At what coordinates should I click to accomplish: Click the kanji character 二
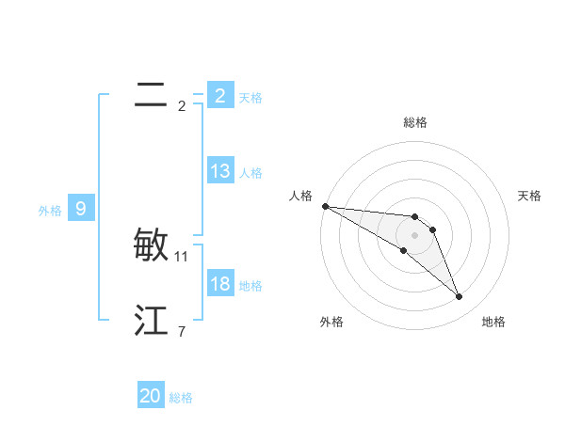[151, 96]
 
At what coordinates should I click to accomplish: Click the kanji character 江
[151, 322]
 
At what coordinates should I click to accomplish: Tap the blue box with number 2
[219, 96]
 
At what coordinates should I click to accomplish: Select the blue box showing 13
[219, 171]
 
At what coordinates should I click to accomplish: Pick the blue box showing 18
[219, 284]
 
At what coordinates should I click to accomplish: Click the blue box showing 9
[81, 209]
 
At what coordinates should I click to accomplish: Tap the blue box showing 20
[151, 396]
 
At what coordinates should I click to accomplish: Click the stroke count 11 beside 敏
[182, 256]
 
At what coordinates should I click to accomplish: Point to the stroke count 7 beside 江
[182, 331]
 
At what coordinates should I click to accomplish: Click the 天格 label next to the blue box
[250, 98]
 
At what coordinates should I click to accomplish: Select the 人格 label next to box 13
[250, 173]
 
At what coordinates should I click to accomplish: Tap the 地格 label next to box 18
[250, 286]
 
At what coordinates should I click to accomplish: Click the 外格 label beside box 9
[50, 211]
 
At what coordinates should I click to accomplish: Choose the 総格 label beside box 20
[181, 398]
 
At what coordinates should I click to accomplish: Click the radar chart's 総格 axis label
[415, 122]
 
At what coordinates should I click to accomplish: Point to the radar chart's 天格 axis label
[530, 196]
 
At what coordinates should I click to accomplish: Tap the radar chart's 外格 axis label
[331, 322]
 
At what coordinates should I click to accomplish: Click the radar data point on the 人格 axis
[325, 206]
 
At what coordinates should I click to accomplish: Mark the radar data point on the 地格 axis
[460, 297]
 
